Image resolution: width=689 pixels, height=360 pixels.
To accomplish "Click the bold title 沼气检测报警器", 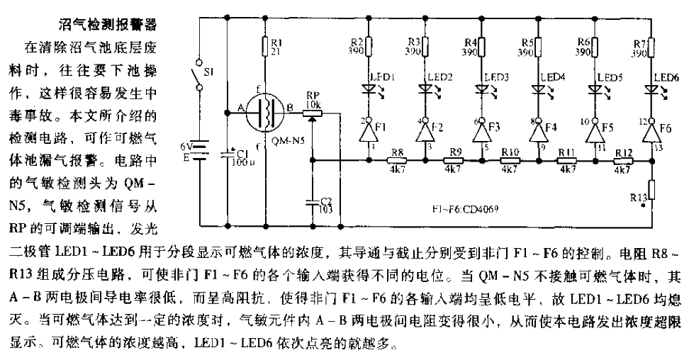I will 106,26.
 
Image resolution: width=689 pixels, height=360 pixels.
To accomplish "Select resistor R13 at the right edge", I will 651,190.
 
